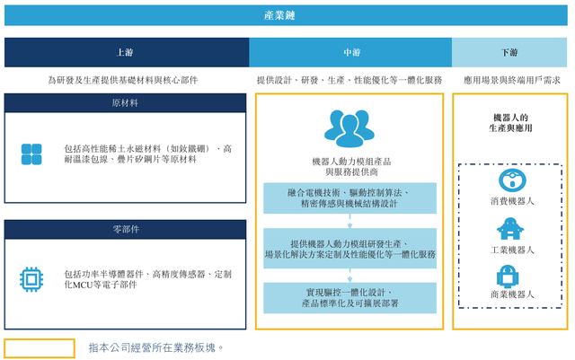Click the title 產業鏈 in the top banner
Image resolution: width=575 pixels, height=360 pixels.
(x=279, y=15)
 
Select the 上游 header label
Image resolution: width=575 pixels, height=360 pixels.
(x=125, y=52)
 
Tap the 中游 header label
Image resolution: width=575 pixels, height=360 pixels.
(x=352, y=52)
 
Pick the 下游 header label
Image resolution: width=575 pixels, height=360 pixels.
(x=509, y=52)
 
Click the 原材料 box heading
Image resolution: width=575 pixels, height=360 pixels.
(x=125, y=103)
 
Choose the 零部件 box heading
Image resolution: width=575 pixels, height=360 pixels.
(x=126, y=230)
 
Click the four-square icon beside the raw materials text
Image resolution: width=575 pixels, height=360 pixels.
(x=31, y=154)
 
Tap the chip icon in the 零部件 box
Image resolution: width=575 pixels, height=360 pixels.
(x=31, y=280)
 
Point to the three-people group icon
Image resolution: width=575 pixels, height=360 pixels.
(x=349, y=128)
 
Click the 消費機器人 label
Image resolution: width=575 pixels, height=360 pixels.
(x=512, y=201)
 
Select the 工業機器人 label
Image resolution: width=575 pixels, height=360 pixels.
(x=512, y=250)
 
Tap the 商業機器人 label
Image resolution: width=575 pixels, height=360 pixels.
(x=512, y=294)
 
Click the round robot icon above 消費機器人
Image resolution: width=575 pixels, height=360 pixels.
(x=512, y=180)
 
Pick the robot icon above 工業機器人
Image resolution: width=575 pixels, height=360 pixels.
(x=510, y=229)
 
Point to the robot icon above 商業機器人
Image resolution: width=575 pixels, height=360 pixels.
(x=508, y=276)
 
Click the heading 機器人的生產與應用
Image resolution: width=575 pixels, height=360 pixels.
(x=510, y=123)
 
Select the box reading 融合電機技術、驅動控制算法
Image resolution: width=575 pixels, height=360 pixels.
(x=349, y=198)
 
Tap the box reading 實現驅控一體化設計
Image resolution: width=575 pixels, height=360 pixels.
(x=349, y=298)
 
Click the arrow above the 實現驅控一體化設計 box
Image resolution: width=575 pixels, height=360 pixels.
(x=349, y=276)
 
